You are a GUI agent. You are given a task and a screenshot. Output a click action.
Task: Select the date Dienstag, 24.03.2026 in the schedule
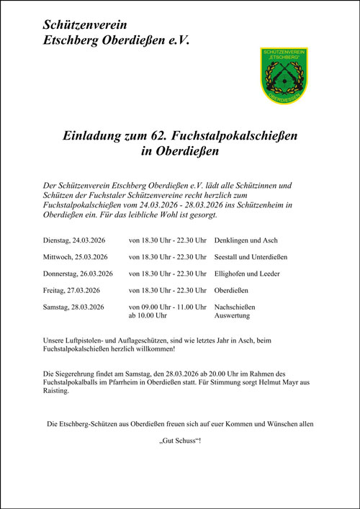coord(75,240)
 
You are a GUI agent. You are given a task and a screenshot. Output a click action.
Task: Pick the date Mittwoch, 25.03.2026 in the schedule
coord(76,257)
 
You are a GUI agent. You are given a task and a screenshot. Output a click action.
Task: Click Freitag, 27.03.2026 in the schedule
coord(71,291)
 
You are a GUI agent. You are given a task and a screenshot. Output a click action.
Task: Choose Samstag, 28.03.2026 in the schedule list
coord(74,307)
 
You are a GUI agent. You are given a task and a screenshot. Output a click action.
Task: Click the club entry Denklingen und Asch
coord(246,240)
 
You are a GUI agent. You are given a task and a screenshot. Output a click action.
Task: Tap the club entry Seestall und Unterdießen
coord(251,257)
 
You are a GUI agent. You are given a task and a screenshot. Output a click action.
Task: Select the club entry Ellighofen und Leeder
coord(247,274)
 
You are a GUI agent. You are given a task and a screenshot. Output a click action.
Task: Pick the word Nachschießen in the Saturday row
coord(235,307)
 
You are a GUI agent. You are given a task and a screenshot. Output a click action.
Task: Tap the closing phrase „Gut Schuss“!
coord(180,439)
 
